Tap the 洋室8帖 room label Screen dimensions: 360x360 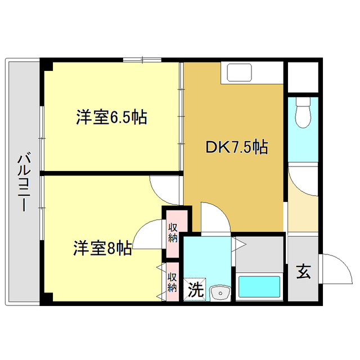pos(103,248)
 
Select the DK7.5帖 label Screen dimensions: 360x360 pos(236,147)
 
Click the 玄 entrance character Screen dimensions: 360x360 pos(303,272)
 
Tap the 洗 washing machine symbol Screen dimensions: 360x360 pos(195,289)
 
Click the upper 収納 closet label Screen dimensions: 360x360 pos(173,232)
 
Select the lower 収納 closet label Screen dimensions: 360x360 pos(173,282)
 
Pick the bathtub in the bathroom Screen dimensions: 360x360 pos(259,287)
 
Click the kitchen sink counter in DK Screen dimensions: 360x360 pos(239,74)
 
